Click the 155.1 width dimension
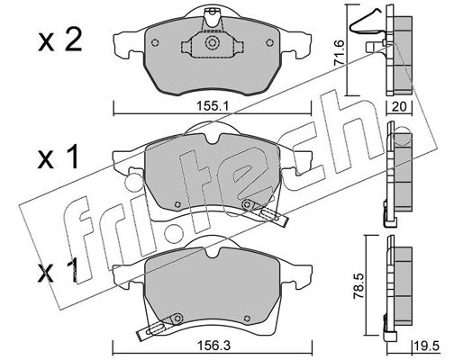(x=213, y=106)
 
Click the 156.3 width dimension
(x=213, y=346)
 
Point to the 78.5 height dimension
(x=359, y=285)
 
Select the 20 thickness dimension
(x=399, y=106)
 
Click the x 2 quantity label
(x=60, y=42)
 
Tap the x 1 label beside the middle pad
(x=58, y=157)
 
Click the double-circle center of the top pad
(x=212, y=42)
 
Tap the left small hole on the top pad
(x=155, y=43)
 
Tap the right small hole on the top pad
(x=269, y=43)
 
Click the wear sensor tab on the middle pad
(x=265, y=211)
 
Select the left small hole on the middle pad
(x=177, y=204)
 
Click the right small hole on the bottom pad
(x=247, y=319)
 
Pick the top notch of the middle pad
(x=213, y=139)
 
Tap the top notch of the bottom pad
(x=213, y=252)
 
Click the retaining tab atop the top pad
(x=213, y=19)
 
